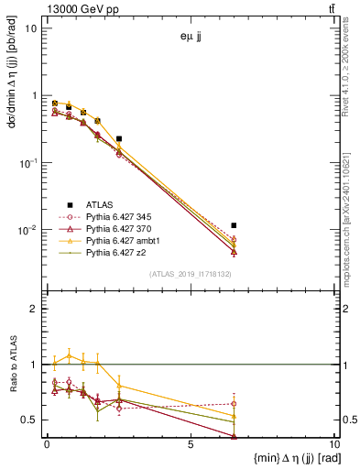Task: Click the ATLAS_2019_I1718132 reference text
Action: pyautogui.click(x=191, y=274)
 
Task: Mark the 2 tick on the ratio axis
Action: pyautogui.click(x=37, y=309)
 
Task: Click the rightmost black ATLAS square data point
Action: pyautogui.click(x=235, y=225)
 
